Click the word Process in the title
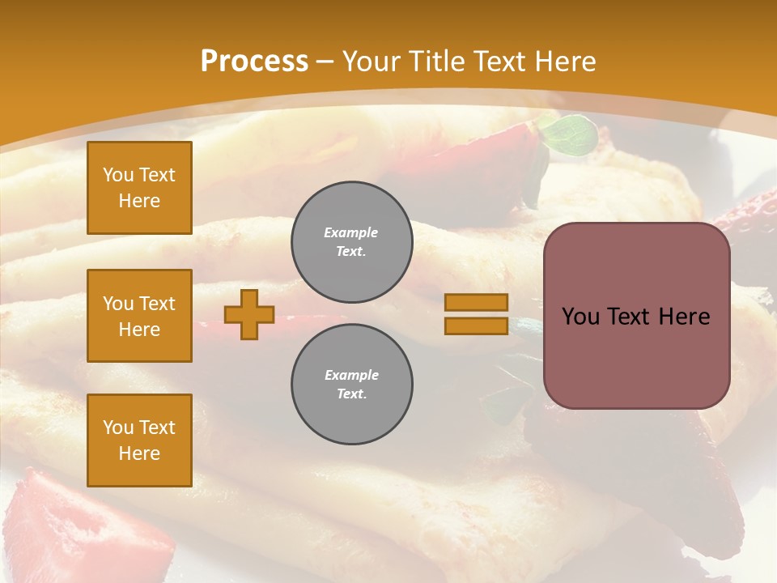254,62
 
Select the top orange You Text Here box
139,188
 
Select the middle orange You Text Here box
139,316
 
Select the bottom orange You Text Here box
139,440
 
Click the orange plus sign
248,314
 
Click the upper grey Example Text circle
352,242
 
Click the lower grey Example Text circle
352,385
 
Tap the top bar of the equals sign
476,302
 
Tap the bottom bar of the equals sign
476,326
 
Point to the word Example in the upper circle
351,232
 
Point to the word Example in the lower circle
351,375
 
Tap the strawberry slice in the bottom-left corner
49,518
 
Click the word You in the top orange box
117,175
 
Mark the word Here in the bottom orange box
139,453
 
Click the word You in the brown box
580,317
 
